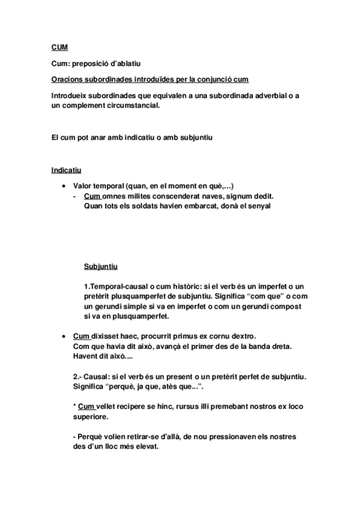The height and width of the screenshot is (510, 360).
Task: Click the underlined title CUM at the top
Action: coord(59,46)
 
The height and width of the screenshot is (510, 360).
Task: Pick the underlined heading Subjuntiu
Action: coord(101,266)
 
